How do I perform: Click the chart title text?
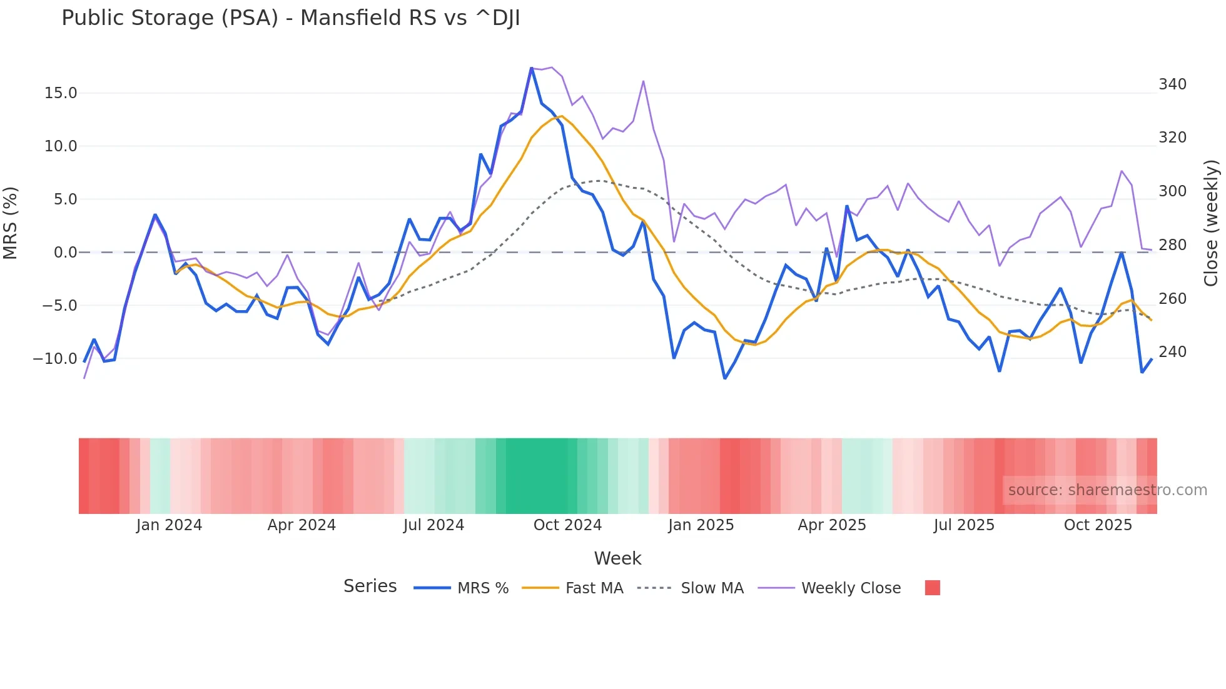(290, 18)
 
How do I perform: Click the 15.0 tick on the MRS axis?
(61, 93)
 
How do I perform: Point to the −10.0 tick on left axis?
(55, 359)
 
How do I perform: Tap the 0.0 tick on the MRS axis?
(65, 253)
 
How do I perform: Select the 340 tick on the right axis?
(1172, 84)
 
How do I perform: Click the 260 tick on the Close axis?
(1172, 299)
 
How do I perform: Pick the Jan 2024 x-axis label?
(169, 525)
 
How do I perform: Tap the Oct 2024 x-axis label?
(567, 525)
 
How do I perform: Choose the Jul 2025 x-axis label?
(964, 525)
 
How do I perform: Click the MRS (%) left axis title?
(11, 223)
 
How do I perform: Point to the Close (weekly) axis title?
(1211, 223)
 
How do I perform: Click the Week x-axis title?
(617, 558)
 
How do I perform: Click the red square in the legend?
(932, 588)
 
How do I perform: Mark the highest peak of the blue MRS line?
(532, 68)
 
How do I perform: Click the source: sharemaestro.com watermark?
(1107, 490)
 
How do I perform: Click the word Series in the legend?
(370, 586)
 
